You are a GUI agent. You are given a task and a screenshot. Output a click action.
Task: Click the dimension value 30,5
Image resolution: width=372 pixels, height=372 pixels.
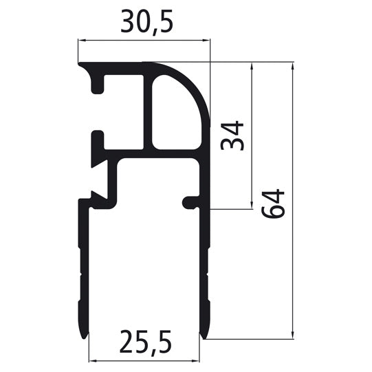[146, 23]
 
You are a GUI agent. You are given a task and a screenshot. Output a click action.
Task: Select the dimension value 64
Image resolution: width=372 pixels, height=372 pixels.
[273, 204]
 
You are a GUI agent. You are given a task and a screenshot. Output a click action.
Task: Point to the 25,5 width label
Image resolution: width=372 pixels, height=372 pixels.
[144, 340]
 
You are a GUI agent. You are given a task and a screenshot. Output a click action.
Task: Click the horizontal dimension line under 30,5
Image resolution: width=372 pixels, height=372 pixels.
[144, 41]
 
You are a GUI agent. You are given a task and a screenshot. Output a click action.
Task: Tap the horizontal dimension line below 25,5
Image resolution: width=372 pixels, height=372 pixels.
[145, 359]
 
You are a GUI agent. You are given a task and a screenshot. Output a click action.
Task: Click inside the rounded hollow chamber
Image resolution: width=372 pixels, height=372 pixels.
[175, 110]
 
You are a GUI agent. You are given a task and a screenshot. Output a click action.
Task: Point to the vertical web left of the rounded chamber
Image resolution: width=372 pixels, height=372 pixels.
[147, 110]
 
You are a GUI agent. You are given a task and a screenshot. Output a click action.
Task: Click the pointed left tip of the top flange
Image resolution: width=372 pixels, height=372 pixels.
[80, 66]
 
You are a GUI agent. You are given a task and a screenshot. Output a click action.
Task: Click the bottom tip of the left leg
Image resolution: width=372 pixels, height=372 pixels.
[87, 336]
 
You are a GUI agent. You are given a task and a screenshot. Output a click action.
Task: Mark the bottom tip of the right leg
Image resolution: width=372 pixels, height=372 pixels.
[203, 336]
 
